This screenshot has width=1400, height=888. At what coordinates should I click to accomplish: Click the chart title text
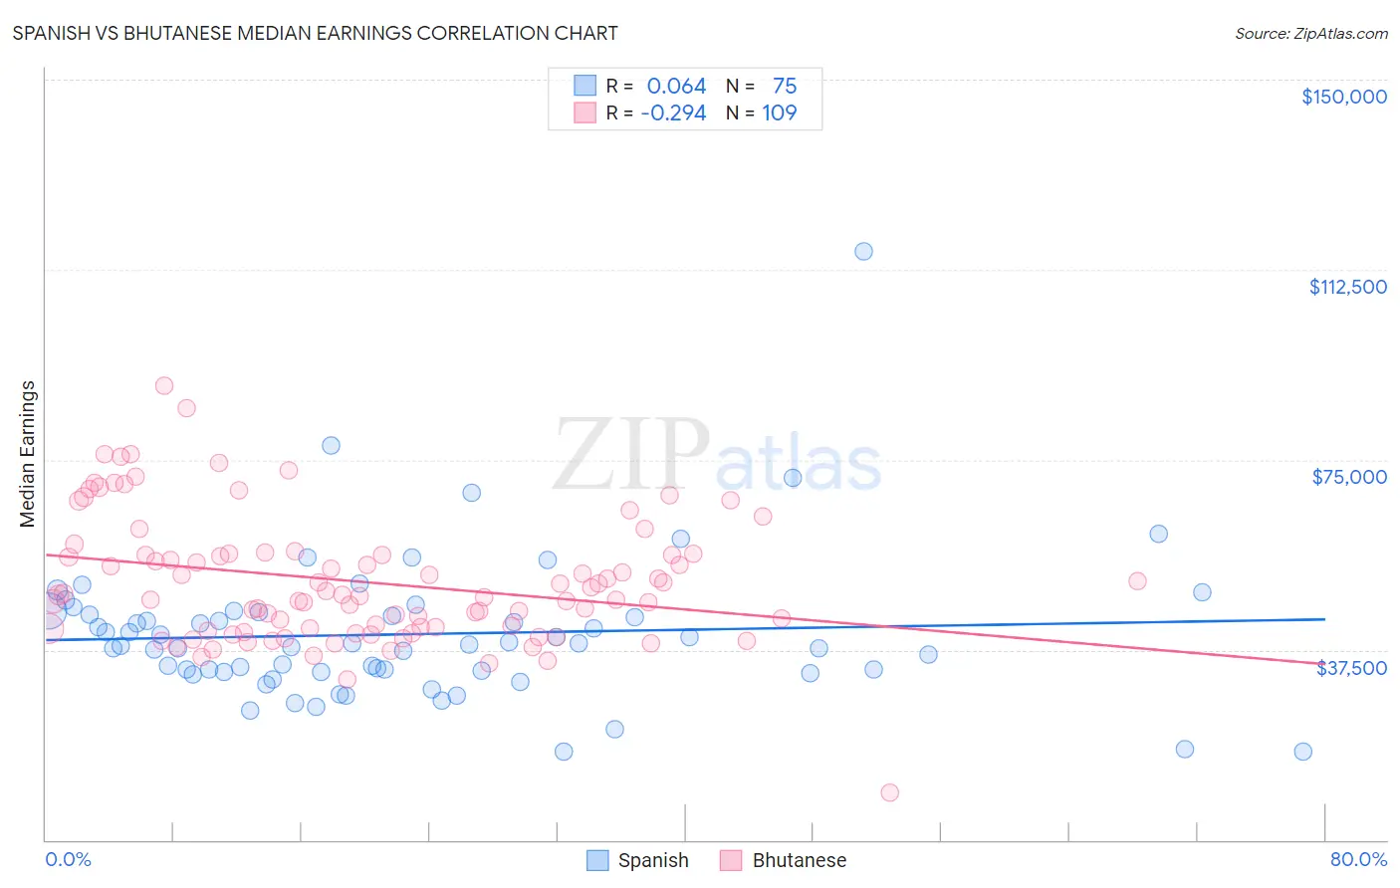315,34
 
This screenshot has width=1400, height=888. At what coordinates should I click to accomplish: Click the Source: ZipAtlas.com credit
1310,34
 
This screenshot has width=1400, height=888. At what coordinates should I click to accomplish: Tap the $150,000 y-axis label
1343,97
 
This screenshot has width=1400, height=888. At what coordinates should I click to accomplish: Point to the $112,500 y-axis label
1347,287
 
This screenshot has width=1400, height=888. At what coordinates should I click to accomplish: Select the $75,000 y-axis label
1349,477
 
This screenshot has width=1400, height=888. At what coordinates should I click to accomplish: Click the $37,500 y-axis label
1351,668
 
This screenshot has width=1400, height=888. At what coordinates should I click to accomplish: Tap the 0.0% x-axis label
68,859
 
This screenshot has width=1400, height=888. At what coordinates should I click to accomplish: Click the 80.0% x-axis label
1358,859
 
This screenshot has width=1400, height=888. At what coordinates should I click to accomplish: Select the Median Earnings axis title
28,454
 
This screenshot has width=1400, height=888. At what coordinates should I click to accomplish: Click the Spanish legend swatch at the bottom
597,860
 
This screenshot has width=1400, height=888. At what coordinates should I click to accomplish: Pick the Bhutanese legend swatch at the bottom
732,860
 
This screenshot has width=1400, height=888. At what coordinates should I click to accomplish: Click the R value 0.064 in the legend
676,87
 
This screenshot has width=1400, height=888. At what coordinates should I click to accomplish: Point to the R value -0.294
673,113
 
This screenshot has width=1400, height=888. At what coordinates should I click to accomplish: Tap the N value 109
780,113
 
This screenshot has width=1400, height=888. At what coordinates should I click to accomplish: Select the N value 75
785,87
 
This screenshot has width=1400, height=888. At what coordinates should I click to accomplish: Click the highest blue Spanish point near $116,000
863,251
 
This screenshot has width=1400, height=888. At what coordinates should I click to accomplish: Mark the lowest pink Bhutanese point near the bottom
889,792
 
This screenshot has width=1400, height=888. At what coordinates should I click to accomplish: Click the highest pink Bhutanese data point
164,385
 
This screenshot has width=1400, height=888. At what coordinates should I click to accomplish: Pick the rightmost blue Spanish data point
1302,752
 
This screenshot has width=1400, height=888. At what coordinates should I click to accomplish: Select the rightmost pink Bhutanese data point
1137,581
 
